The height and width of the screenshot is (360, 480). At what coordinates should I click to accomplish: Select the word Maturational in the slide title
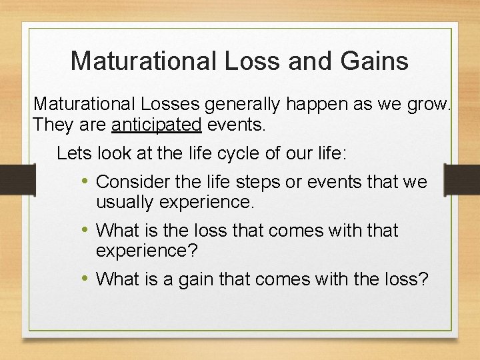(x=143, y=61)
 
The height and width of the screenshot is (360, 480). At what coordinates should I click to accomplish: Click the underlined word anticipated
(x=157, y=125)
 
